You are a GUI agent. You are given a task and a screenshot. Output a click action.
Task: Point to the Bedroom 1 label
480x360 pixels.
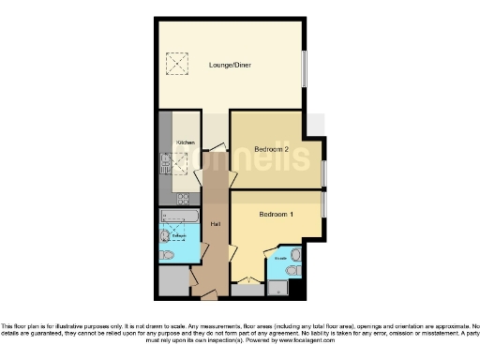coord(277,214)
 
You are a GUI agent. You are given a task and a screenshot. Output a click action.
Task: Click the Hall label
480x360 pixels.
coord(215,225)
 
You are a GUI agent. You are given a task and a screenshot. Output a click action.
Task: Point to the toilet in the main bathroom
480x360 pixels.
coord(166,255)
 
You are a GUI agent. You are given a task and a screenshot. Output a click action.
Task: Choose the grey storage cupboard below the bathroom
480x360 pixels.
coord(172,281)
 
